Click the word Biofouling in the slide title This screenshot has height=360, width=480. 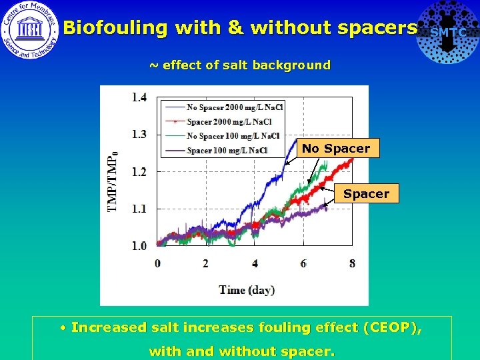tap(115, 28)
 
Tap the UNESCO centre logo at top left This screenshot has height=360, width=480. tap(29, 31)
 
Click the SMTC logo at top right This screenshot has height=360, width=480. tap(447, 31)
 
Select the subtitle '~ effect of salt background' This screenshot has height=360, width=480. tap(239, 65)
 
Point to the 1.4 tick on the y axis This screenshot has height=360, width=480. tap(139, 97)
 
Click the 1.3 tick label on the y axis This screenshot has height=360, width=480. tap(139, 134)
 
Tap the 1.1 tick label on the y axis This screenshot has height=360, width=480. tap(139, 209)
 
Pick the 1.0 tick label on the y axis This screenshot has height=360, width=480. tap(139, 246)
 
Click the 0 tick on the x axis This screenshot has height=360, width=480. tap(158, 263)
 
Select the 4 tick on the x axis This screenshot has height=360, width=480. tap(255, 263)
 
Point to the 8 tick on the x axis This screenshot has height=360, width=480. tap(352, 263)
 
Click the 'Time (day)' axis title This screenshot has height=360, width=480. tap(247, 289)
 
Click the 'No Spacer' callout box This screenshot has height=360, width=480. tap(336, 149)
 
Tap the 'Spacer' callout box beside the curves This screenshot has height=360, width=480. tap(366, 194)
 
